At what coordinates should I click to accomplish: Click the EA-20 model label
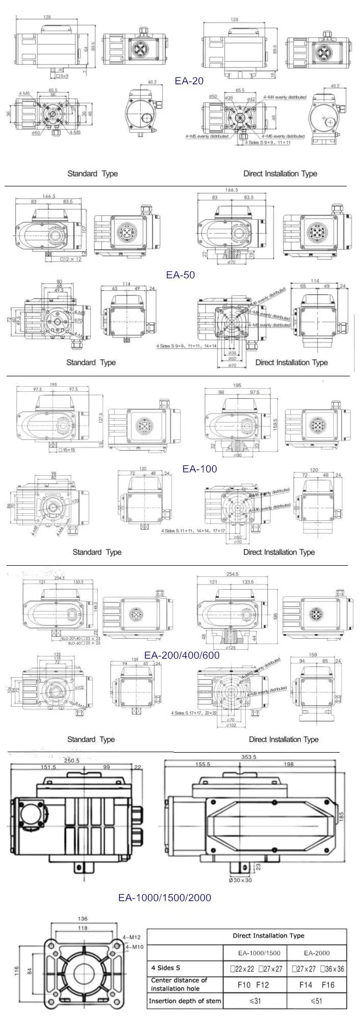[x=189, y=80]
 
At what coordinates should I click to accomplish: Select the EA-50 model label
[x=181, y=275]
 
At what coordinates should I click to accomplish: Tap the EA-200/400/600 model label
[x=182, y=655]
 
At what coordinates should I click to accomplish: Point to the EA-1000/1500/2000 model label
[x=164, y=897]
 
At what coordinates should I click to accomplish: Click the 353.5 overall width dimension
[x=248, y=757]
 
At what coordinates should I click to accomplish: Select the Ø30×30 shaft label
[x=240, y=880]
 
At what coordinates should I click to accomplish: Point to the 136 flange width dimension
[x=82, y=919]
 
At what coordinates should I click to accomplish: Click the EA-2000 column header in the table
[x=316, y=953]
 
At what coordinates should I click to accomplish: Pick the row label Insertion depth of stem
[x=185, y=1001]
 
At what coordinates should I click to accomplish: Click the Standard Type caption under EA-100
[x=97, y=552]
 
